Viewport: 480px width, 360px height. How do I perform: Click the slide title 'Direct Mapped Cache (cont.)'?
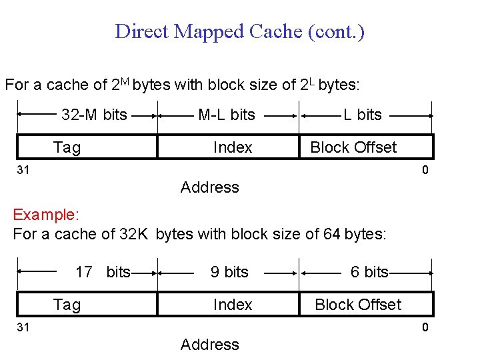[239, 31]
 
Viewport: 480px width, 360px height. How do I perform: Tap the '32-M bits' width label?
[94, 115]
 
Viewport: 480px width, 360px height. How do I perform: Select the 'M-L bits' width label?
[227, 115]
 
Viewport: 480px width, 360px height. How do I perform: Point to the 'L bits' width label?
[363, 115]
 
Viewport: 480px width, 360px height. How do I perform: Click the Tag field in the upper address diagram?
[67, 147]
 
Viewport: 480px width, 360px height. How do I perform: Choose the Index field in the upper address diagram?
[233, 147]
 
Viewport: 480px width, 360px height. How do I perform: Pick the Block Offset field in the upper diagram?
[353, 147]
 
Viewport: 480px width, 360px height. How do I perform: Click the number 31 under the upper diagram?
[23, 171]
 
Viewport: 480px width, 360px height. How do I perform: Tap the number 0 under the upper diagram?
[425, 171]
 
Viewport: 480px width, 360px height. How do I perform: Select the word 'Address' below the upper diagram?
[209, 187]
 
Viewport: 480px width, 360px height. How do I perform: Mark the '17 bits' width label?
[103, 272]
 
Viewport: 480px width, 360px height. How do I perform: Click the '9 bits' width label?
[229, 272]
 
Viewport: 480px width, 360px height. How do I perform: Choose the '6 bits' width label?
[369, 272]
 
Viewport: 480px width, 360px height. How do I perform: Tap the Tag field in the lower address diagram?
[67, 305]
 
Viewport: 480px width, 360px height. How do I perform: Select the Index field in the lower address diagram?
[233, 305]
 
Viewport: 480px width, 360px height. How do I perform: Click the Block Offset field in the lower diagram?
[358, 305]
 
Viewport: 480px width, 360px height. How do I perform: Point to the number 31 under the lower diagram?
[23, 327]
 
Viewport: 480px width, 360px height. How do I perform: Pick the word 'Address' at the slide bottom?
[209, 345]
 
